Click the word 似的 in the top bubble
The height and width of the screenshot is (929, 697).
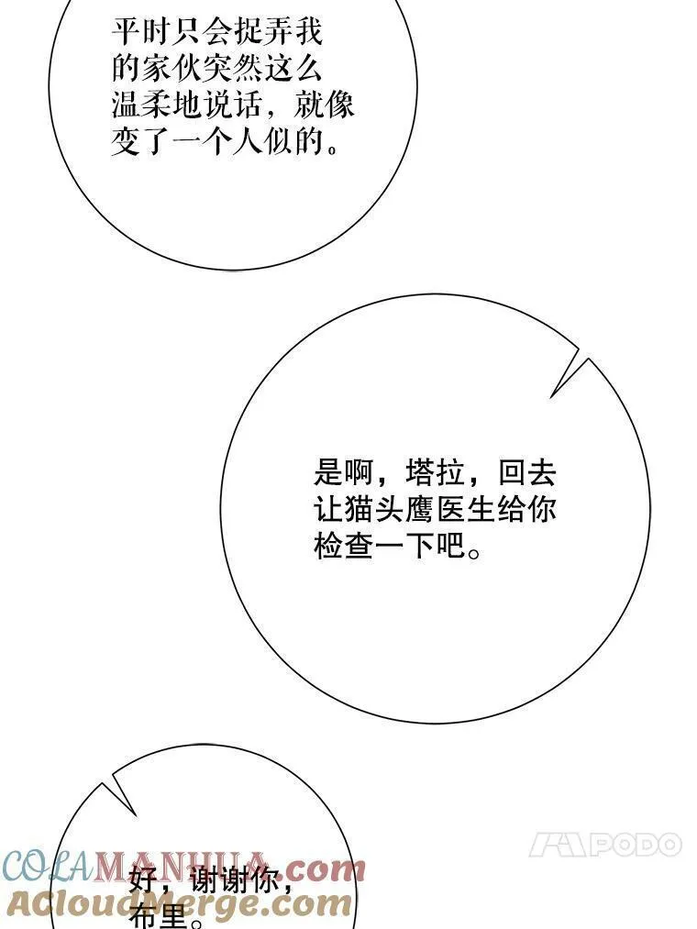click(x=295, y=141)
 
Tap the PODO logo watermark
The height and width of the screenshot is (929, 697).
click(x=605, y=845)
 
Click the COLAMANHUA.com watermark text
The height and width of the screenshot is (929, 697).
click(x=183, y=865)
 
